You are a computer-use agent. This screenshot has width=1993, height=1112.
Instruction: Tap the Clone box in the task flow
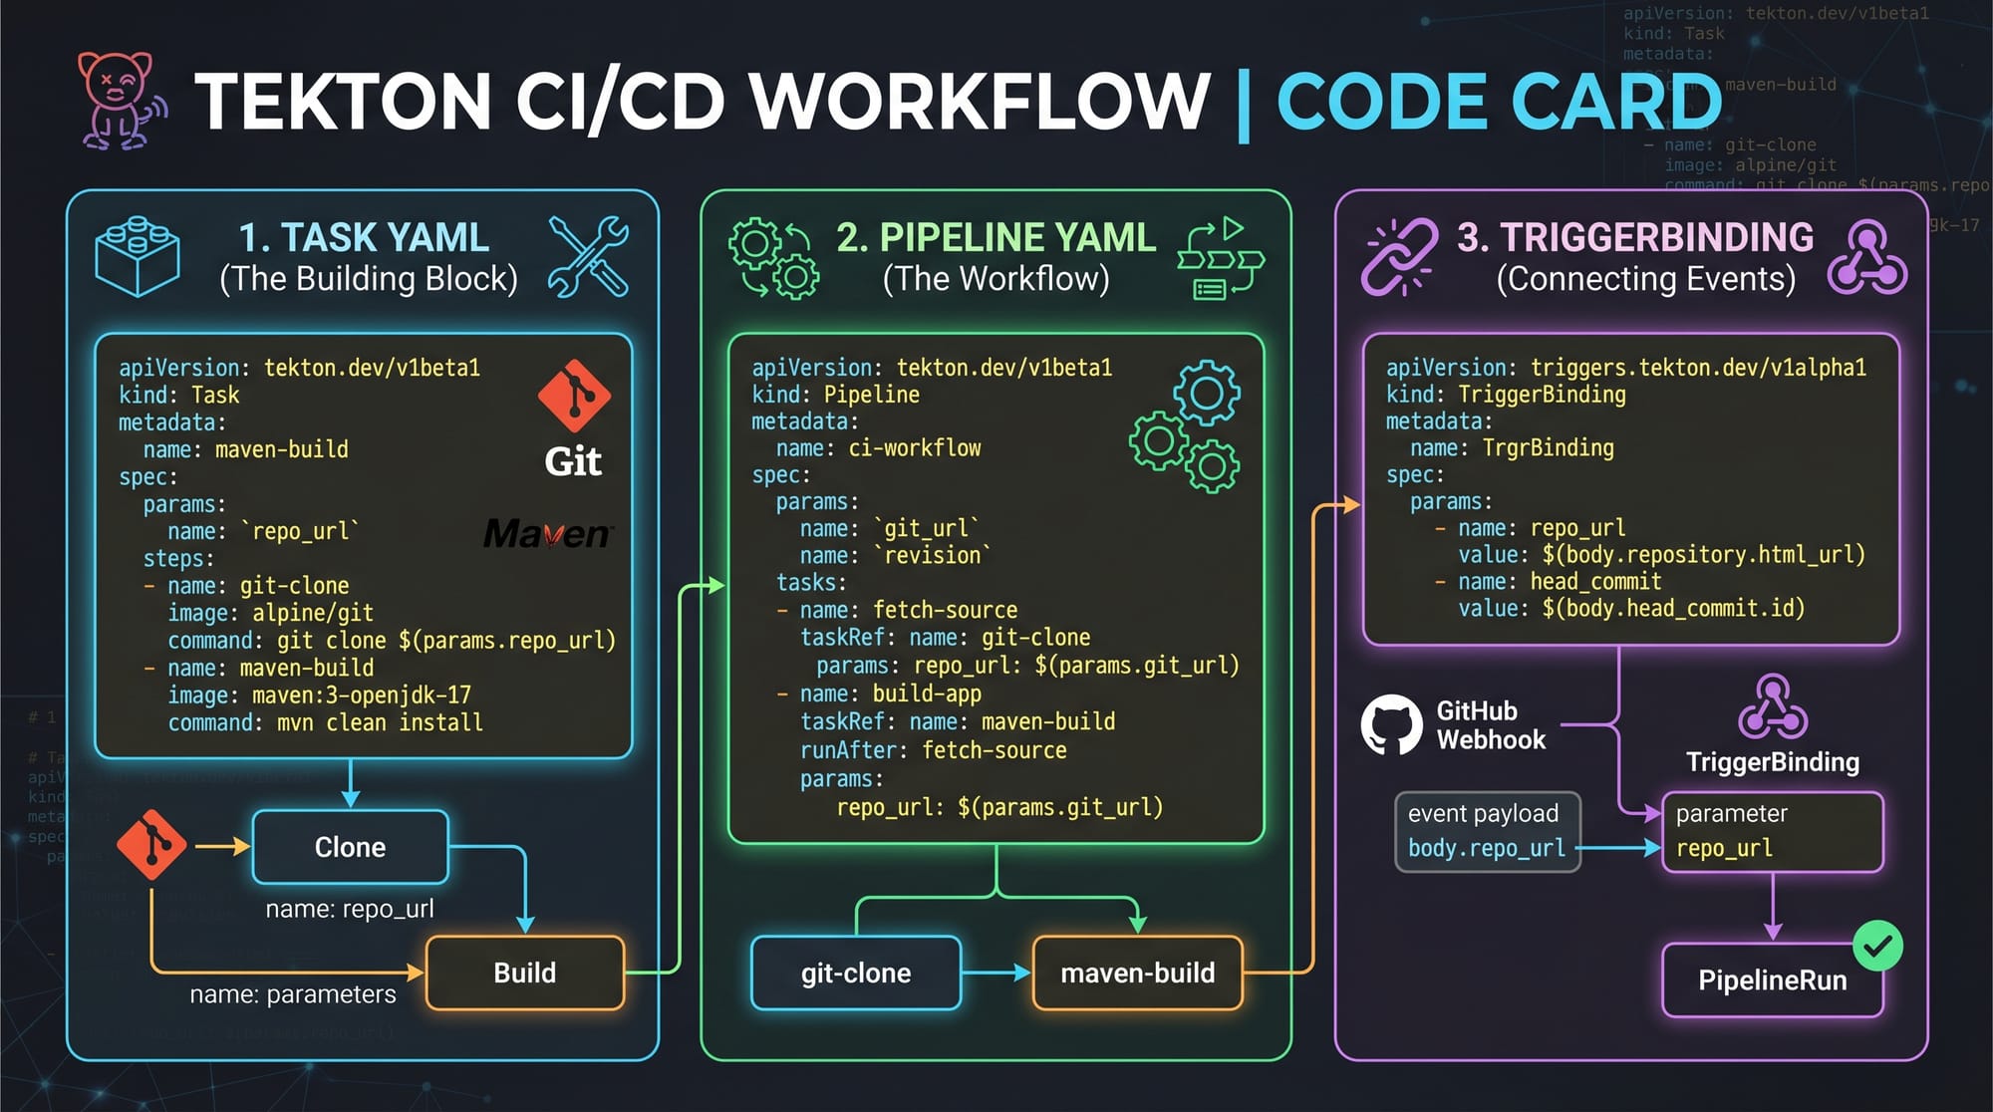pyautogui.click(x=350, y=847)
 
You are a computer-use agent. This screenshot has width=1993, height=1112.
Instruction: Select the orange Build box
pyautogui.click(x=525, y=973)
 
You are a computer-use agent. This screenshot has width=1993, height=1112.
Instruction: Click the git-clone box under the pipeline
pyautogui.click(x=856, y=973)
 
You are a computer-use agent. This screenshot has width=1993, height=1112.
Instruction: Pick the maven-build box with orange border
pyautogui.click(x=1137, y=973)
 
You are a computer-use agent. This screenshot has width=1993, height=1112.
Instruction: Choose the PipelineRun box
pyautogui.click(x=1772, y=980)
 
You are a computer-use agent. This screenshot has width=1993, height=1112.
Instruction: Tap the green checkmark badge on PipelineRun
pyautogui.click(x=1877, y=946)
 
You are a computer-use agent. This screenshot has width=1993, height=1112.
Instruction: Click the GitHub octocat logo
pyautogui.click(x=1391, y=724)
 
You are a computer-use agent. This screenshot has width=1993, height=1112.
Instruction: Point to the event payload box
pyautogui.click(x=1487, y=831)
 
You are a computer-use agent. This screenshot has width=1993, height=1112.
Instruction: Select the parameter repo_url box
pyautogui.click(x=1772, y=831)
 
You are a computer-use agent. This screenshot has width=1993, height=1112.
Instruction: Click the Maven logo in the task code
pyautogui.click(x=547, y=534)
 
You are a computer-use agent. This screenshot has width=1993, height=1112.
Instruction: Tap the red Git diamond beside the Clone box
pyautogui.click(x=151, y=845)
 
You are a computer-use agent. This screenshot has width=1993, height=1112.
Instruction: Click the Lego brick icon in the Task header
pyautogui.click(x=138, y=256)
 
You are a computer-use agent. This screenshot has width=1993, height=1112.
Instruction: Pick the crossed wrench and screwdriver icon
pyautogui.click(x=588, y=256)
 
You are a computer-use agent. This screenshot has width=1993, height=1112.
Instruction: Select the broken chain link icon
pyautogui.click(x=1399, y=257)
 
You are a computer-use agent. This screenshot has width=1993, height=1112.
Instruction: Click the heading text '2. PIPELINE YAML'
pyautogui.click(x=996, y=237)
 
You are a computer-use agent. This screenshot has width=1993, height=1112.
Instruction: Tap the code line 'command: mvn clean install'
pyautogui.click(x=325, y=722)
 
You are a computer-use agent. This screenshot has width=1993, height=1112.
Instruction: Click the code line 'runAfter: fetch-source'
pyautogui.click(x=933, y=750)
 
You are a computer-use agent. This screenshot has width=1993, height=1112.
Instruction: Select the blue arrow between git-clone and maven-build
pyautogui.click(x=996, y=973)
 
